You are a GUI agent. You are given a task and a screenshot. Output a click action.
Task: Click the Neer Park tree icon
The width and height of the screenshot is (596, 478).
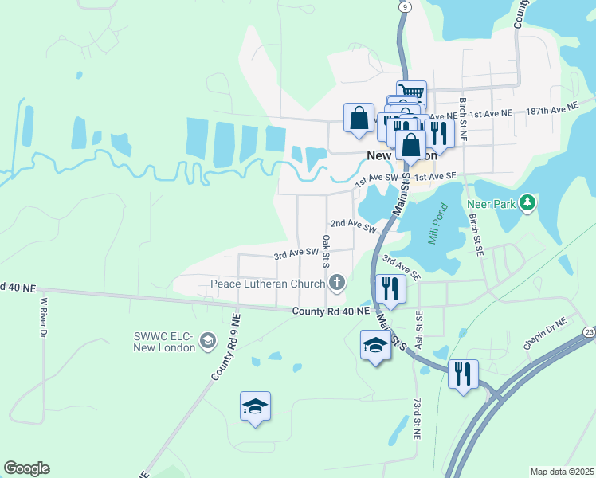point(527,204)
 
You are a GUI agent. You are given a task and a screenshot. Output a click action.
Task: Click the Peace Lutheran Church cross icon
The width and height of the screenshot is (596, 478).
point(338,283)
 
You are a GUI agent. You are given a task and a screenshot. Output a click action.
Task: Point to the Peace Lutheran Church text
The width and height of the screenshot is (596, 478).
point(268,284)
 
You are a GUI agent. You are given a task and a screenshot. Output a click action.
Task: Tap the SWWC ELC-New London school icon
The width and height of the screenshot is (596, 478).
point(207,341)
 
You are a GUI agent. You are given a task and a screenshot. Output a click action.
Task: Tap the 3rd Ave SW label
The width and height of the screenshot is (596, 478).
point(296,254)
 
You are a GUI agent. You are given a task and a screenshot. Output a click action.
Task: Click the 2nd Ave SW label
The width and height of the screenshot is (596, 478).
point(353,225)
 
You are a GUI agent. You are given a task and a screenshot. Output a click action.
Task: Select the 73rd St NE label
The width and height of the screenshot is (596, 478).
point(416,417)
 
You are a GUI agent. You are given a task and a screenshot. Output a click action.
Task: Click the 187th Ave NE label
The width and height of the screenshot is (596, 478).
point(551,108)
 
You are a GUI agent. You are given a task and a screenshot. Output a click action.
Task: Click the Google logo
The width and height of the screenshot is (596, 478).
point(26,468)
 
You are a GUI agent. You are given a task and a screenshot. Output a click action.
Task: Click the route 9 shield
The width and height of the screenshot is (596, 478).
point(406,6)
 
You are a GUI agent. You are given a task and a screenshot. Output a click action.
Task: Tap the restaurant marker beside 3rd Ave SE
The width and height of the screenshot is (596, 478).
point(390,289)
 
